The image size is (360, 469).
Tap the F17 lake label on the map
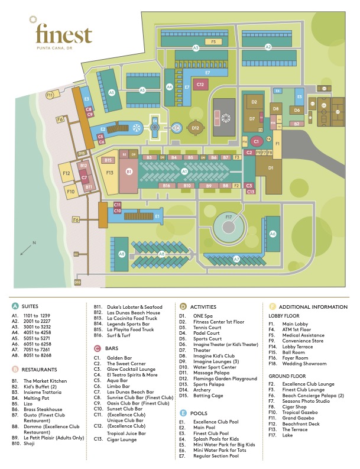[x=229, y=217]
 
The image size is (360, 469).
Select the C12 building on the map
[x=200, y=85]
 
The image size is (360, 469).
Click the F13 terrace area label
[x=109, y=173]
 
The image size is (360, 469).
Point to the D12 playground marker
[x=196, y=127]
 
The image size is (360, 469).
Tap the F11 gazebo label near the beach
[x=50, y=95]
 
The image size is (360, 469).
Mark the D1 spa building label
[x=271, y=168]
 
